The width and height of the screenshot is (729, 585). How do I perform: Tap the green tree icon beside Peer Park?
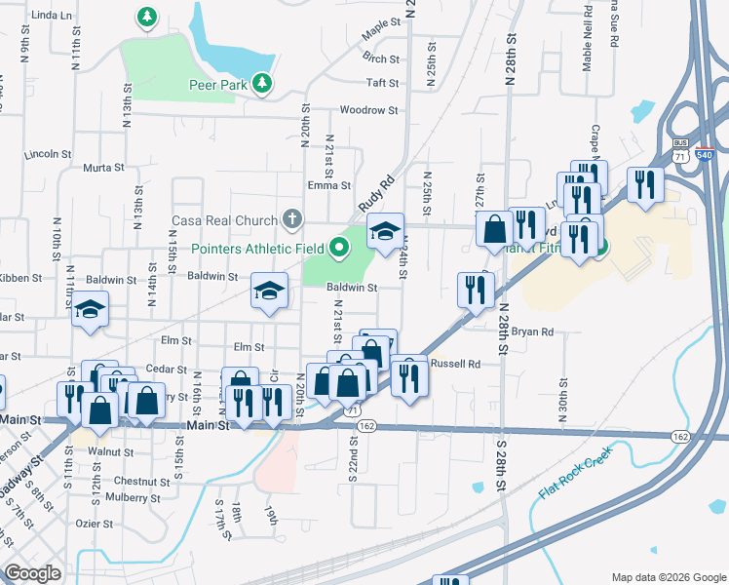click(261, 85)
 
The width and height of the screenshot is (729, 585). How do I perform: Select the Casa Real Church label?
click(225, 219)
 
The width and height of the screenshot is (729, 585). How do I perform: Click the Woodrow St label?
click(368, 111)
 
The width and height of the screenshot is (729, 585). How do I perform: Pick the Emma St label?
click(328, 185)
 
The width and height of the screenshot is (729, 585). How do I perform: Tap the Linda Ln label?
click(52, 17)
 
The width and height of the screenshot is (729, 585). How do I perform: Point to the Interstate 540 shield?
click(704, 154)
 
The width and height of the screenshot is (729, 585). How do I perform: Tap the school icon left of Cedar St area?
click(90, 310)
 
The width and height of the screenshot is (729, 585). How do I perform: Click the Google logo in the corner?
click(32, 573)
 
